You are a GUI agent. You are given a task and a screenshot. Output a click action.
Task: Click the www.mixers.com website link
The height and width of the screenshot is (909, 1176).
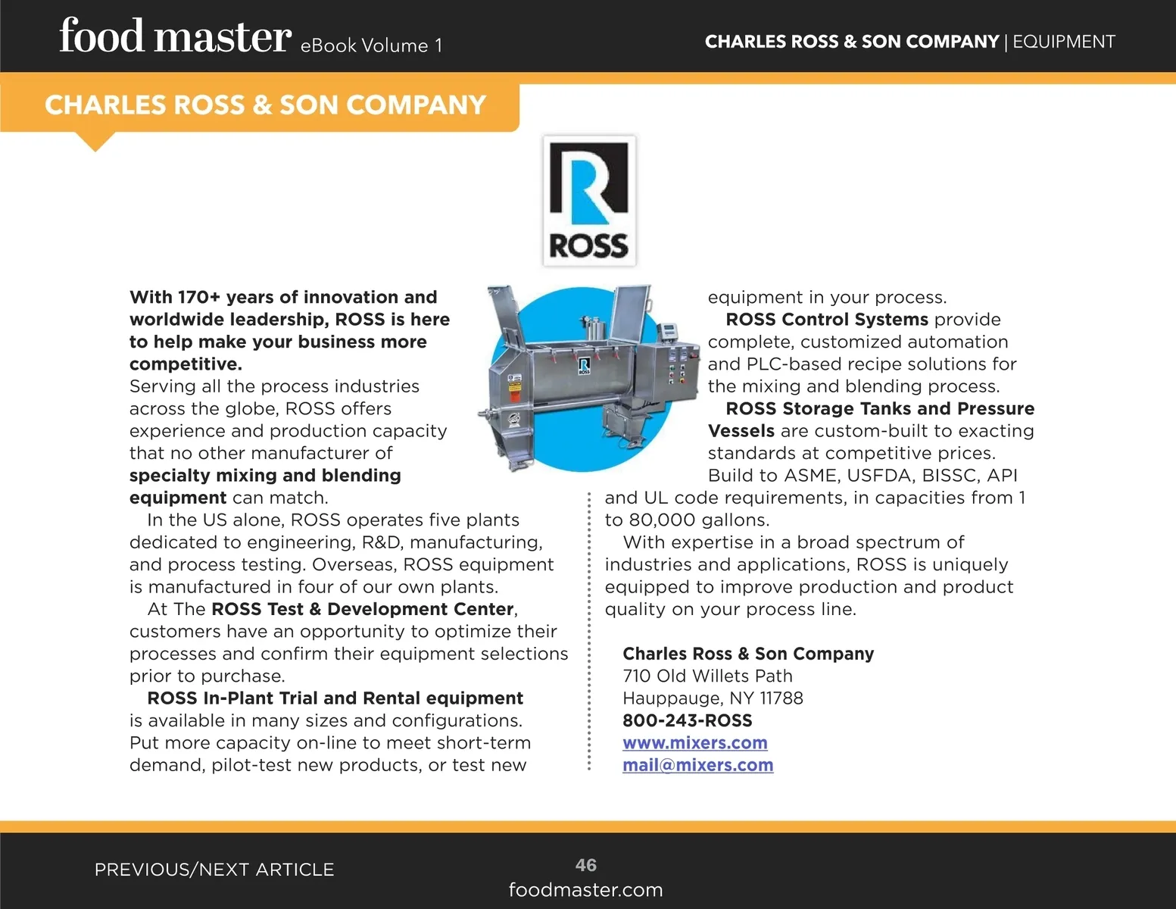694,743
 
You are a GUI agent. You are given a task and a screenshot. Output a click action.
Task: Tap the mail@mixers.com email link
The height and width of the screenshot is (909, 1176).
697,765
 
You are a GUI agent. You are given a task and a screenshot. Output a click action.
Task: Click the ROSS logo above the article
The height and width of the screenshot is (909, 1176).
589,201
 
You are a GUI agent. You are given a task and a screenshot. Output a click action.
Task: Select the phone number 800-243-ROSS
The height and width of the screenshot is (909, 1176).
687,720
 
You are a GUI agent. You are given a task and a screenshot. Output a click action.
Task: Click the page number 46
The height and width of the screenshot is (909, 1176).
585,865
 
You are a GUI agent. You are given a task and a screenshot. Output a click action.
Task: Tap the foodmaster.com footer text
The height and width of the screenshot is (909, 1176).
585,890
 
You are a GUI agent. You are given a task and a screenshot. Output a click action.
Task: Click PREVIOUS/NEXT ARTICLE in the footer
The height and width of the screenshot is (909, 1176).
214,870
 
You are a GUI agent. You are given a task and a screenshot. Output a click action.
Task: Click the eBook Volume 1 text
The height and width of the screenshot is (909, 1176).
371,46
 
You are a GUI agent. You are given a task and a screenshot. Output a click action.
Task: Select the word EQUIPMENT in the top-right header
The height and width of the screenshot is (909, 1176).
1063,42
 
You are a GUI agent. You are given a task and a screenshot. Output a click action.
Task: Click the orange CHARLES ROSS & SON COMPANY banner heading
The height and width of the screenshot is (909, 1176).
265,105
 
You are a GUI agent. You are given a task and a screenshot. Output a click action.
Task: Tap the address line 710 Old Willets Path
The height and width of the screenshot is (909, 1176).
707,676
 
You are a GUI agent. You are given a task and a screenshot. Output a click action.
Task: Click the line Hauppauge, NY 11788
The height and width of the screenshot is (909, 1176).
713,698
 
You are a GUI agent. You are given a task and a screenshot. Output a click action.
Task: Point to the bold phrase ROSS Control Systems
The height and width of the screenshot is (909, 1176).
827,320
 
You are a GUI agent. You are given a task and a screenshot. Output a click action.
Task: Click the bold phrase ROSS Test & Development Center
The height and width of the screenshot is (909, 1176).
363,609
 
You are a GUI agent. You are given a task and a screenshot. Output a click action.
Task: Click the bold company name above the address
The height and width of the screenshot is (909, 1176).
747,654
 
